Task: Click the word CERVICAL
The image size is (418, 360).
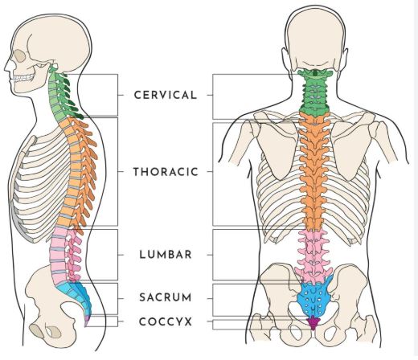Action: click(166, 95)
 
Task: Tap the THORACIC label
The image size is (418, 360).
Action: click(166, 172)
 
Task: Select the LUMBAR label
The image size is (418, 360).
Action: click(166, 255)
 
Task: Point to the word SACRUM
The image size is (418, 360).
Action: click(166, 297)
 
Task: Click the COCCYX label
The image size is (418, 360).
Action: click(166, 321)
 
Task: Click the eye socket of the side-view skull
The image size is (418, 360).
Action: click(20, 55)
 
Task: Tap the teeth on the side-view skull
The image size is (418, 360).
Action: click(24, 78)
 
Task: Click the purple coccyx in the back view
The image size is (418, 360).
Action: click(313, 322)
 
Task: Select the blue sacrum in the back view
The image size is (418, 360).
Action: click(313, 297)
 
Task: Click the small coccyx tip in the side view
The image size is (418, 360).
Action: click(86, 321)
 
